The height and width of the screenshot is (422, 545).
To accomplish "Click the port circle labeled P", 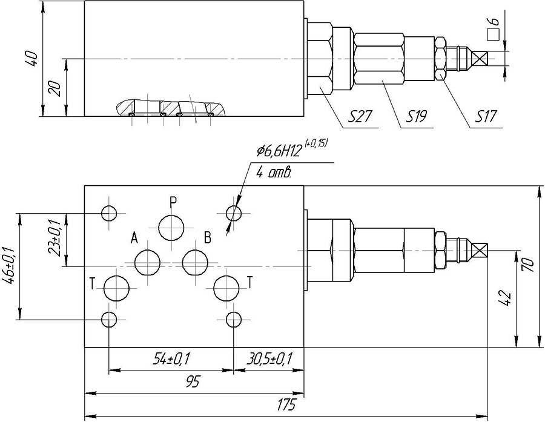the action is click(171, 228).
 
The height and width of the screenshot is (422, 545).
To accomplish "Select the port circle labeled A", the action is click(147, 262).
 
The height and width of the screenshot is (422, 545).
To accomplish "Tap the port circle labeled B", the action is click(196, 262).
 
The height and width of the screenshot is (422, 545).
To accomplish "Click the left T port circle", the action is click(116, 289).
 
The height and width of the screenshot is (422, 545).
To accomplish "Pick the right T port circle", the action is click(226, 289).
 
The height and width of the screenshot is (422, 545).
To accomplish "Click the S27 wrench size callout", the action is click(360, 116).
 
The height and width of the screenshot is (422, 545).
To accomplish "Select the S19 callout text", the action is click(417, 116).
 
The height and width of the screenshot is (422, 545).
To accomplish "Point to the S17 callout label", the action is click(485, 116).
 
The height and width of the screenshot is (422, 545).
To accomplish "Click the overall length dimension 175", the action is click(286, 405).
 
